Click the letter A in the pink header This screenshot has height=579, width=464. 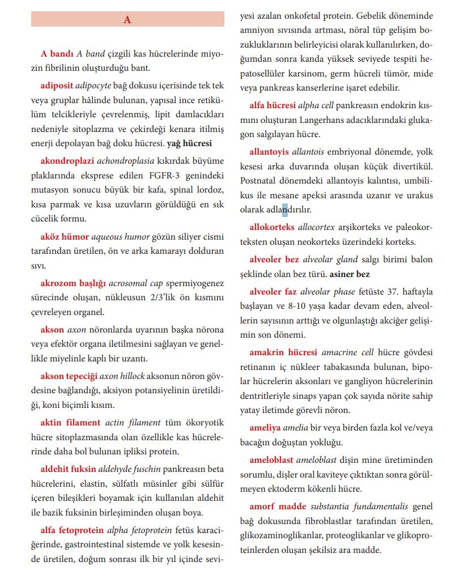tap(127, 20)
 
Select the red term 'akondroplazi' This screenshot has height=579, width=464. tap(67, 160)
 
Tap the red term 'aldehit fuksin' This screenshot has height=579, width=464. tap(68, 469)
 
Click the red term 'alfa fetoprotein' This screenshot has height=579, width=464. tap(72, 530)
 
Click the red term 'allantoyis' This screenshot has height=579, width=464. tap(269, 152)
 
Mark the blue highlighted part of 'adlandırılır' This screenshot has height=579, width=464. tap(286, 210)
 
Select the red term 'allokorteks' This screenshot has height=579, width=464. tap(272, 227)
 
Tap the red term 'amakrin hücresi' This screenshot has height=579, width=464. tap(283, 353)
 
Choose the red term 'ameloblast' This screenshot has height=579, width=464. tap(271, 460)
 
